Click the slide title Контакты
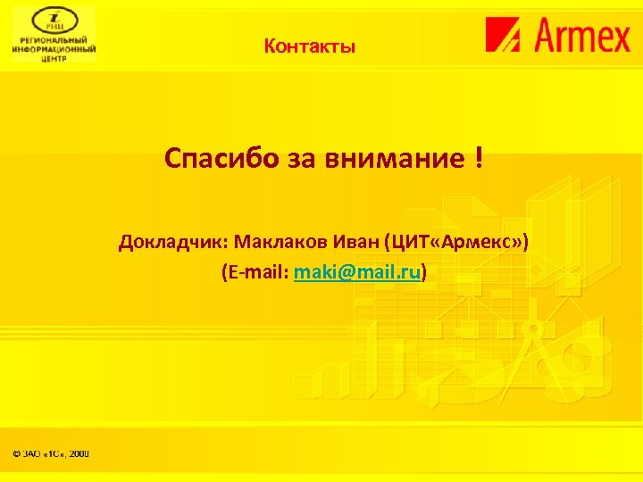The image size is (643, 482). coord(309,46)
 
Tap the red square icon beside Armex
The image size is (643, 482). coord(506,36)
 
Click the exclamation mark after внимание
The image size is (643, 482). coord(480,159)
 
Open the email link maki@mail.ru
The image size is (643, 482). coord(357,271)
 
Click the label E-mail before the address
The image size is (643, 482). coord(255,271)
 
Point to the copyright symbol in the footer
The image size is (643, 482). coord(16,454)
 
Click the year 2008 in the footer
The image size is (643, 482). coord(79,454)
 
